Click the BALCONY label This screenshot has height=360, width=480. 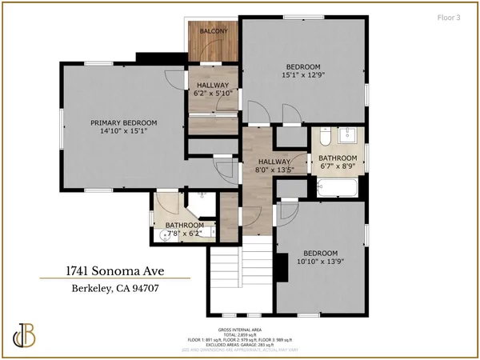[214, 31]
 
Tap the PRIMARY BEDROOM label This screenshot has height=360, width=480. [123, 122]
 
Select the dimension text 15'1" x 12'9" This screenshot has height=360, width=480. [303, 76]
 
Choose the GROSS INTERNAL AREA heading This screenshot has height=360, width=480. [244, 329]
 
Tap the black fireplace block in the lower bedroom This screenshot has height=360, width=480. [282, 264]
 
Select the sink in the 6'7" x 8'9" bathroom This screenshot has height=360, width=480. [350, 134]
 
